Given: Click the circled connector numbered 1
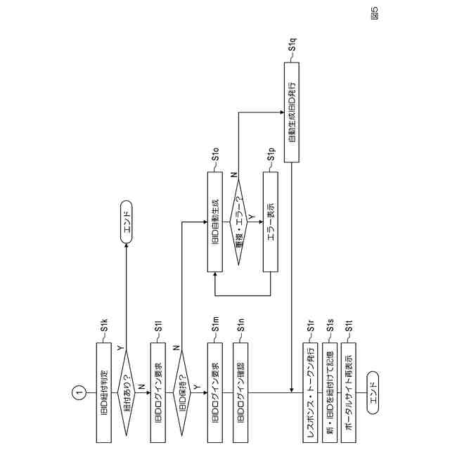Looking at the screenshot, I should (x=79, y=391).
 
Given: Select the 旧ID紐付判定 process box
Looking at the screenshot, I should (x=103, y=391).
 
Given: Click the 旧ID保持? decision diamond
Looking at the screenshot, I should (x=183, y=391).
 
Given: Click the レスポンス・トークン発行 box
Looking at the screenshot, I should (x=310, y=391).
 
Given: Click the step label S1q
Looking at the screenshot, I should (x=293, y=47).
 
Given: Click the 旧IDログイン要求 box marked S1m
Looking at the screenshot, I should (x=215, y=391).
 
